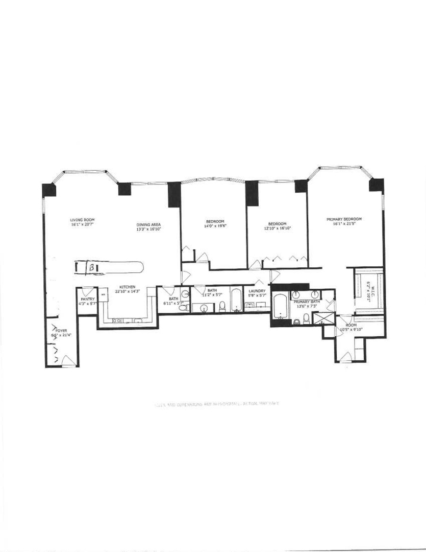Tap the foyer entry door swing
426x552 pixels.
66,361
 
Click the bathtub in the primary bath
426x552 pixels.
280,307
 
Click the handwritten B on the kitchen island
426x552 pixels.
91,267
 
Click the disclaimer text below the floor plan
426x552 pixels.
216,403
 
